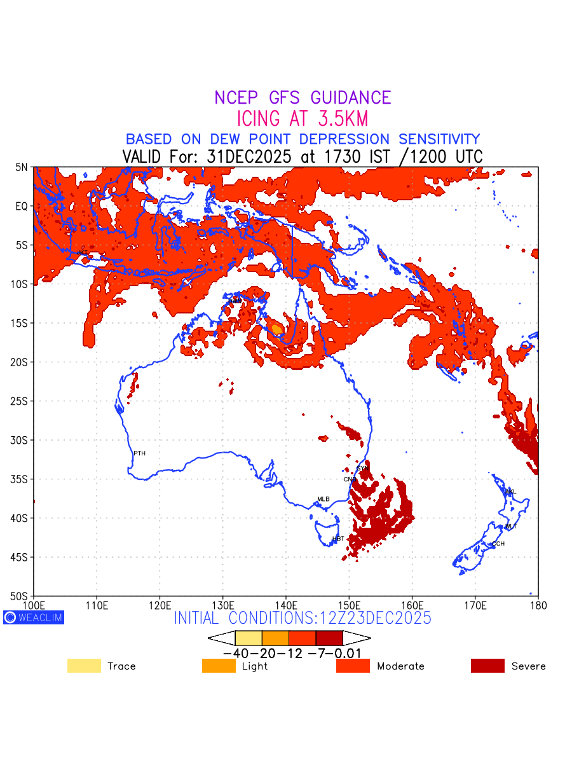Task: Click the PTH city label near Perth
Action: [x=139, y=453]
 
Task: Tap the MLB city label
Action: [x=323, y=499]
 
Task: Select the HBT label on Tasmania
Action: [x=338, y=539]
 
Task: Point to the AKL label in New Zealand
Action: [x=510, y=492]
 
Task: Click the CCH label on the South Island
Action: [x=498, y=544]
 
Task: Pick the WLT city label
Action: [x=511, y=526]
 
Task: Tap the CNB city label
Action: [x=350, y=479]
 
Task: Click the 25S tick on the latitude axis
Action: [x=22, y=401]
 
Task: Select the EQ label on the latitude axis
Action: [x=22, y=206]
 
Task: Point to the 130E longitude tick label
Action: [x=223, y=604]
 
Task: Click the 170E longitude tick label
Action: [x=475, y=604]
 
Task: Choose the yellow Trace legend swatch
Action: [x=84, y=666]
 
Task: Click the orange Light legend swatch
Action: [x=219, y=666]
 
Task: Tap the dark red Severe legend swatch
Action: [x=487, y=666]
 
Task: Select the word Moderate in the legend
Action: [x=400, y=666]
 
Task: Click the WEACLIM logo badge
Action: [x=34, y=617]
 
